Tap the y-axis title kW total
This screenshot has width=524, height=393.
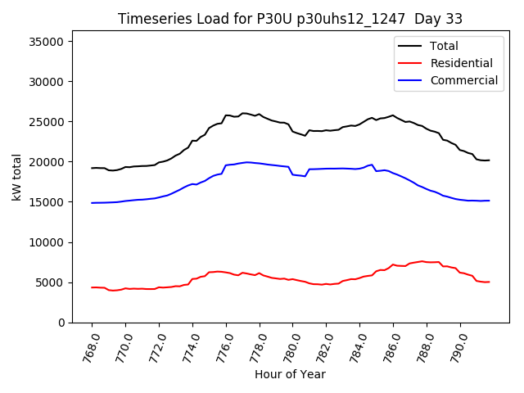pos(17,177)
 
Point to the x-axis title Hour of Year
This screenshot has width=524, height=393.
pos(290,374)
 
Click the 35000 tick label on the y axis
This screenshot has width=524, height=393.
pos(51,42)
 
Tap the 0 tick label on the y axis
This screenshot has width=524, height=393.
pos(64,323)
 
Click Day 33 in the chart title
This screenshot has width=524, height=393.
pos(442,19)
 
